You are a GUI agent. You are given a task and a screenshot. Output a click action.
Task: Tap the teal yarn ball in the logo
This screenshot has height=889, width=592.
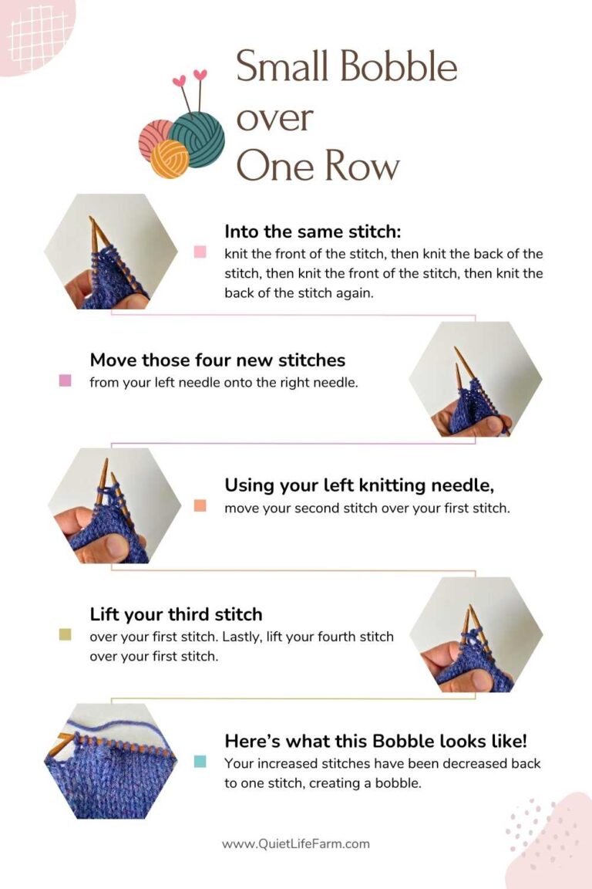click(x=198, y=139)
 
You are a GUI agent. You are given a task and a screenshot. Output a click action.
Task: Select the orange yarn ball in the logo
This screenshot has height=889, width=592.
click(x=170, y=159)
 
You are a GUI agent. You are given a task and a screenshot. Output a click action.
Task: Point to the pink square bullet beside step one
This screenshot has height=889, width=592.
click(x=200, y=252)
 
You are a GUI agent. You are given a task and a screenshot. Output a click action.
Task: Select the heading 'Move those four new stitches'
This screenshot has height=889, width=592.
click(x=217, y=360)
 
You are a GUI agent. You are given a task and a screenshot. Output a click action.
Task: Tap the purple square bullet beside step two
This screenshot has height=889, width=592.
click(x=66, y=380)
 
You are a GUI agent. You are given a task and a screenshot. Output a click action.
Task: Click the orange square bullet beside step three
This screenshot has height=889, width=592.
click(x=200, y=506)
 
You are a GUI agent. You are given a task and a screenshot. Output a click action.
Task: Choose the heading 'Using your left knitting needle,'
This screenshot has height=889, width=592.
click(x=359, y=485)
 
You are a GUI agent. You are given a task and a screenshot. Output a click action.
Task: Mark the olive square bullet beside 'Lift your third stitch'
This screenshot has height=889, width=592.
click(x=66, y=635)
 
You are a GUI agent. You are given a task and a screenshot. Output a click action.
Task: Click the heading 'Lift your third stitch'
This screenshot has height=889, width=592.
click(x=176, y=614)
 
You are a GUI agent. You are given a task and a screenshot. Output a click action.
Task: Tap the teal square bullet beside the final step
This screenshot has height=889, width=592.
click(x=200, y=762)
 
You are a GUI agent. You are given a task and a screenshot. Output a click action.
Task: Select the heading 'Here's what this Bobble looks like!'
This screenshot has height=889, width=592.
click(x=376, y=741)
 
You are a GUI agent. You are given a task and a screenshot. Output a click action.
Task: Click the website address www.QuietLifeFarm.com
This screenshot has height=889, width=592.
click(x=296, y=843)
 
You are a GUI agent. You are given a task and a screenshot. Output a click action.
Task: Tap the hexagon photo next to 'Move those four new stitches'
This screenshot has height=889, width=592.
click(x=475, y=379)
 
